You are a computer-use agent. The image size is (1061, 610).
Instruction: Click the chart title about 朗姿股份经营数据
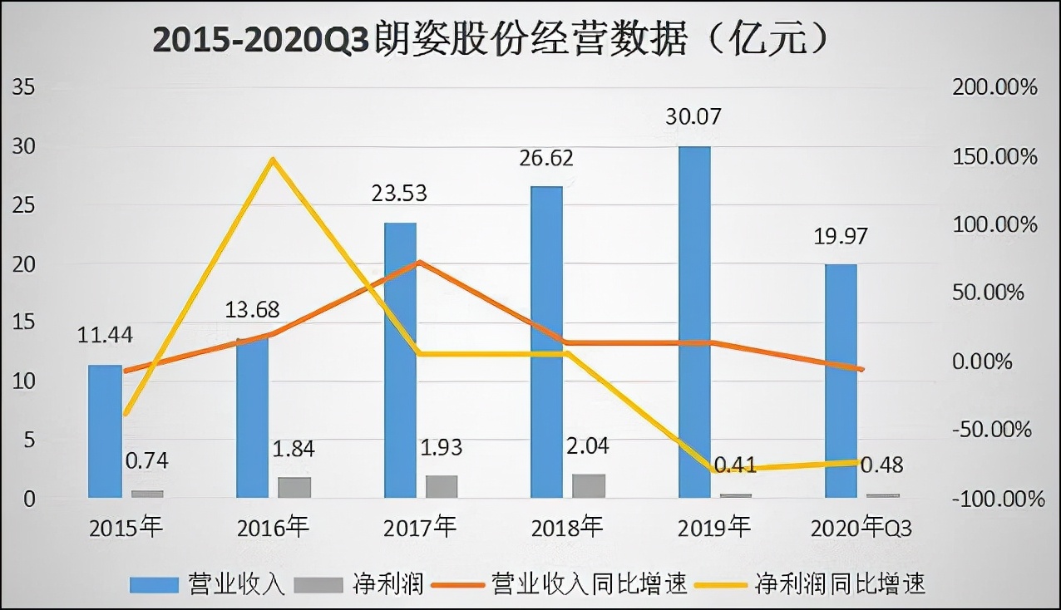click(491, 39)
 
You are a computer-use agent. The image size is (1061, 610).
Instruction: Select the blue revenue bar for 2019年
click(694, 322)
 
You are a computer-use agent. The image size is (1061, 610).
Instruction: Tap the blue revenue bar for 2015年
click(105, 431)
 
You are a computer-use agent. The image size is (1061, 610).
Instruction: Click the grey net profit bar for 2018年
click(589, 486)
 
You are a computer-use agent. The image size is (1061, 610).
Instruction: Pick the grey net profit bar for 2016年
click(294, 488)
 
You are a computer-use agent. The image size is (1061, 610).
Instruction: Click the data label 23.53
click(398, 194)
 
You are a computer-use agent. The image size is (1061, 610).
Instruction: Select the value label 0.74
click(146, 461)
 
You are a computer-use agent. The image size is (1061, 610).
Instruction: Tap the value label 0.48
click(881, 465)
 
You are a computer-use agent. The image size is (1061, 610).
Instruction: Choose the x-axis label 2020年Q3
click(861, 528)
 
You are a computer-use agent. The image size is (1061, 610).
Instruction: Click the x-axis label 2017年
click(420, 528)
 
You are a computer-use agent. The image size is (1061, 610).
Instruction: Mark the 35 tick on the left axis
click(22, 87)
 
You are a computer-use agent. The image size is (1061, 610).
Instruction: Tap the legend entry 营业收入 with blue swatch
click(208, 584)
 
